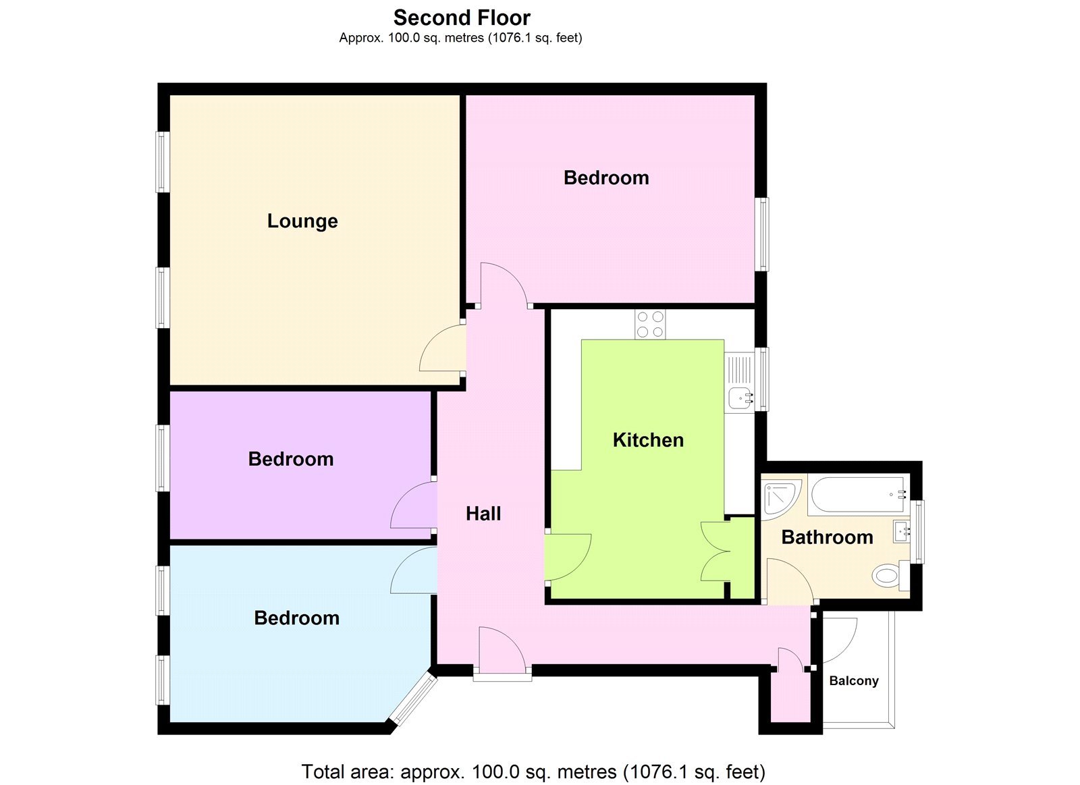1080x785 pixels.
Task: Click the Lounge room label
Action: coord(302,221)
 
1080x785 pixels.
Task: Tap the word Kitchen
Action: coord(648,440)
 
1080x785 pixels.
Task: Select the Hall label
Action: coord(483,514)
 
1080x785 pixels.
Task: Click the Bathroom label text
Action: coord(827,537)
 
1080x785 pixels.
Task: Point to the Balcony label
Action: coord(854,680)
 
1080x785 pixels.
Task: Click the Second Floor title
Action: coord(462,18)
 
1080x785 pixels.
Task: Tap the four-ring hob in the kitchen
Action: coord(650,324)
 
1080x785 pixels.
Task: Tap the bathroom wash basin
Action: coord(901,532)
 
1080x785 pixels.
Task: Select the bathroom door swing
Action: coord(790,580)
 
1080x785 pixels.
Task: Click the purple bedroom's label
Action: coord(291,459)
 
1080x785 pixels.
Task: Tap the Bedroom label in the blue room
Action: coord(296,618)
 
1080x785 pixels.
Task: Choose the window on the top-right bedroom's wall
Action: coord(762,234)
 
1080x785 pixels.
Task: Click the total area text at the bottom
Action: coord(533,771)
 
